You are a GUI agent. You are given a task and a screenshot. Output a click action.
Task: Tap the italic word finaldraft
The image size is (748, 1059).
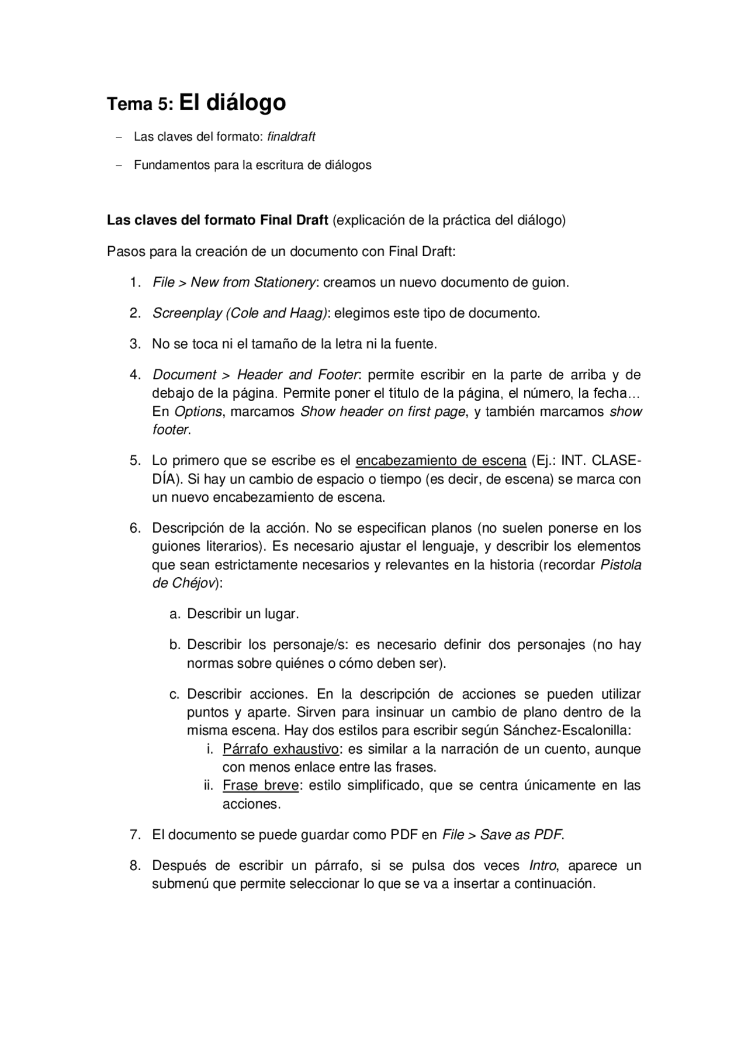click(x=291, y=137)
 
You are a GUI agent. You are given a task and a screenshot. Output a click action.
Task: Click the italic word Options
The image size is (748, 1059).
click(x=198, y=412)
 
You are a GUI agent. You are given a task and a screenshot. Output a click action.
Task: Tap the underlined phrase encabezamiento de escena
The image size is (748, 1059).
click(x=441, y=461)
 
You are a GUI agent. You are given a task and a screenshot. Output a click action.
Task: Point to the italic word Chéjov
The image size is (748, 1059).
click(x=195, y=583)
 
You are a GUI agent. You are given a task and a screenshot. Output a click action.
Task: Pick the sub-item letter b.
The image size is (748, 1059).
click(x=174, y=645)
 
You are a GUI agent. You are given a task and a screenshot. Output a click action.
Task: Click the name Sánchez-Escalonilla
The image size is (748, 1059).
click(x=567, y=730)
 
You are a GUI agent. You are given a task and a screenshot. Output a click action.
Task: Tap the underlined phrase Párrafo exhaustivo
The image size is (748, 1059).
click(x=280, y=749)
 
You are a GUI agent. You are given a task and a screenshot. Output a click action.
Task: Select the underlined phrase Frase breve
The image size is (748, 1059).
click(x=260, y=785)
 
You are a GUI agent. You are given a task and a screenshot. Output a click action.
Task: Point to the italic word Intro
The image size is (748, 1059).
click(x=542, y=865)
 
